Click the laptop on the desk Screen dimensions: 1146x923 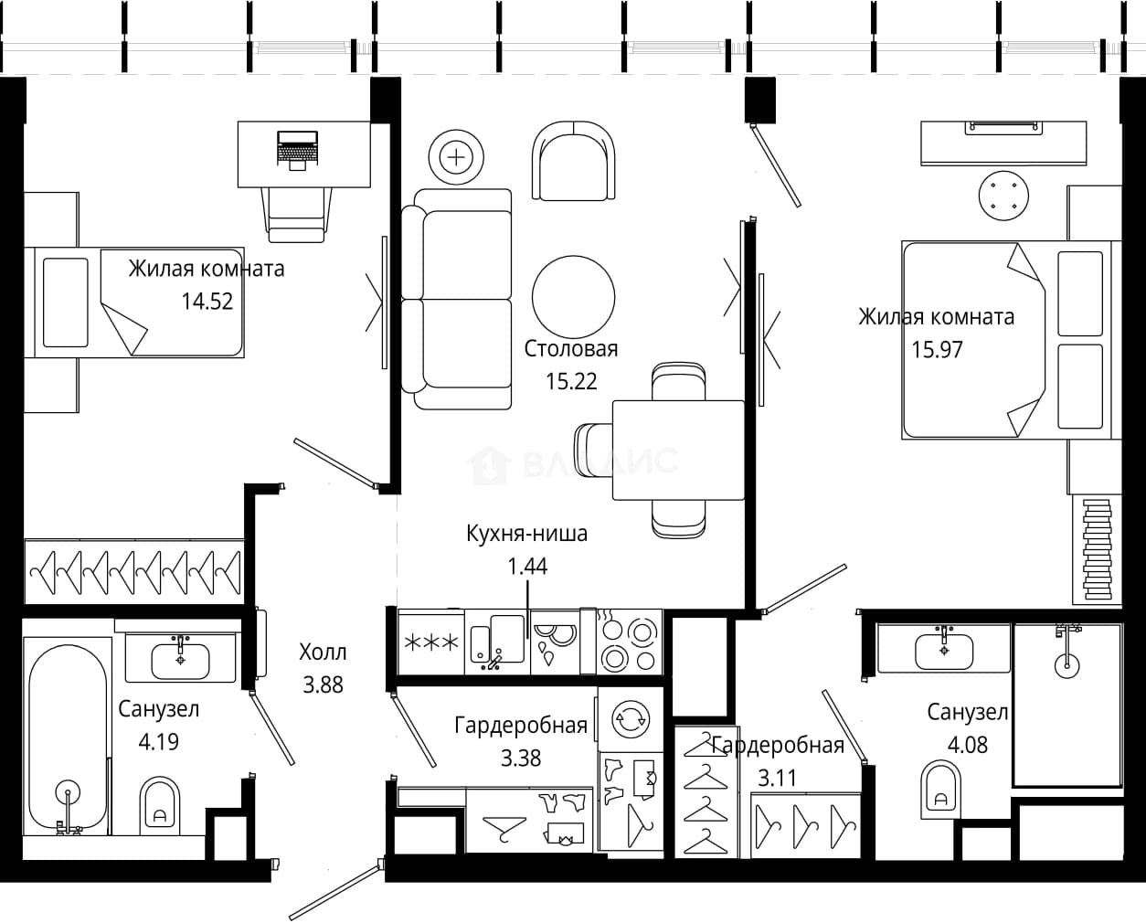[298, 150]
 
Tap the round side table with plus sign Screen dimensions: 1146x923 [456, 158]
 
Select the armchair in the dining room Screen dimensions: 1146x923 [573, 161]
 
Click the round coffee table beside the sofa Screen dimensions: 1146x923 [574, 297]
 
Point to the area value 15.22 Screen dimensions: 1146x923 [571, 381]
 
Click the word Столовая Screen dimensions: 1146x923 [571, 349]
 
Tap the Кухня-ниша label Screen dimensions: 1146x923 [526, 533]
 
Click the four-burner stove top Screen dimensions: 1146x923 [629, 642]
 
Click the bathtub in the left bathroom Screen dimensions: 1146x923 [68, 739]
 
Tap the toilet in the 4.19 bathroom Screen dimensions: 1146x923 [159, 805]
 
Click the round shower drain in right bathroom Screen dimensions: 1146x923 [1067, 665]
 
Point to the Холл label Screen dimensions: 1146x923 [323, 652]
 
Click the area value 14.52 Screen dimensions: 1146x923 [207, 302]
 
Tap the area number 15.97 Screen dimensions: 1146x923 [938, 350]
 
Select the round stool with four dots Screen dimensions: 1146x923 [1003, 196]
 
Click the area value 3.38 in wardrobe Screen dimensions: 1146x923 [521, 758]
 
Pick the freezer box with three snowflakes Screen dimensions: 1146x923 [431, 642]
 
